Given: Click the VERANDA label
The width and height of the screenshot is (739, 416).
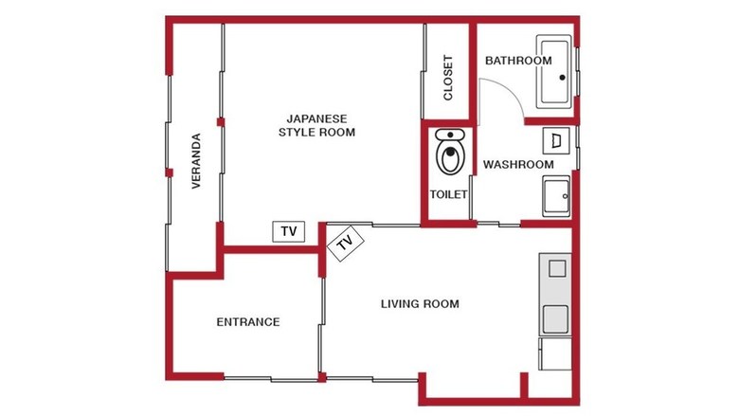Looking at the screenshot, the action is pyautogui.click(x=196, y=161).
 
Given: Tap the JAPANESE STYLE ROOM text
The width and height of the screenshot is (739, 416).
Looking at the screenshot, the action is pyautogui.click(x=316, y=125).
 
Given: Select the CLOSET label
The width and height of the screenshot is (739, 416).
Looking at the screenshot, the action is pyautogui.click(x=448, y=78).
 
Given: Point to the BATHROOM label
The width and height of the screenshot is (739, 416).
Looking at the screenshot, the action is pyautogui.click(x=518, y=61).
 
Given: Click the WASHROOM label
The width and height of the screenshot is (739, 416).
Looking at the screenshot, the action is pyautogui.click(x=518, y=165).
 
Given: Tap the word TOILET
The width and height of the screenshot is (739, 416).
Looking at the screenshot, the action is pyautogui.click(x=449, y=194).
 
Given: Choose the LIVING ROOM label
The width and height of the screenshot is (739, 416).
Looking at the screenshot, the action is pyautogui.click(x=420, y=304).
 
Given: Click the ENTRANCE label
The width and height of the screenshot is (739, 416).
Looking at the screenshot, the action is pyautogui.click(x=248, y=322).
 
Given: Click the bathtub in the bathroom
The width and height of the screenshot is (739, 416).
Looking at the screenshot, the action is pyautogui.click(x=554, y=72).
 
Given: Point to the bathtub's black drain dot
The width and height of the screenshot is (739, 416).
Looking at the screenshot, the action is pyautogui.click(x=562, y=78).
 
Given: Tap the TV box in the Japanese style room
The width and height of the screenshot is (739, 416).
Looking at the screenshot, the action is pyautogui.click(x=289, y=231).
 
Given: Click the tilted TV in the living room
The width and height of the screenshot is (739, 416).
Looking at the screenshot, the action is pyautogui.click(x=346, y=244).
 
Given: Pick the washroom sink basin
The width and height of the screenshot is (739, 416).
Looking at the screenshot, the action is pyautogui.click(x=556, y=196).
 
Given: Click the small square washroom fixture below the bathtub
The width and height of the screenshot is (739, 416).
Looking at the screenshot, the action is pyautogui.click(x=556, y=141).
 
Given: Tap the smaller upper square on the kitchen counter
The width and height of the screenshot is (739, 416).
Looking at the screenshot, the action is pyautogui.click(x=557, y=268).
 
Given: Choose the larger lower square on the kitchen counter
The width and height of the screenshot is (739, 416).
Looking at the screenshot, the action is pyautogui.click(x=555, y=319).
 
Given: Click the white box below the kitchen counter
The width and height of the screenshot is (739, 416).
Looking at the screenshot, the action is pyautogui.click(x=555, y=353).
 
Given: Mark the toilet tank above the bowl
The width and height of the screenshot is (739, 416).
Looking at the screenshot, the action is pyautogui.click(x=450, y=136).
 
